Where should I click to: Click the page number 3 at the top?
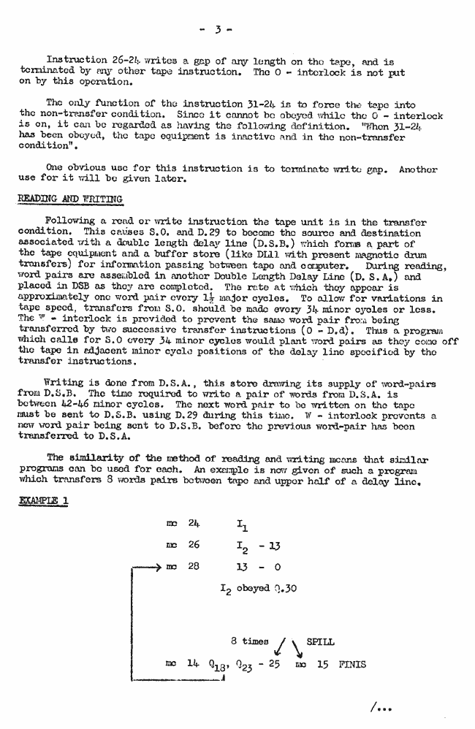tap(218, 31)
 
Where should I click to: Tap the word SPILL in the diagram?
tap(320, 641)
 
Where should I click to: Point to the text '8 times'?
tap(249, 641)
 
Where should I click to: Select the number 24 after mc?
tap(194, 524)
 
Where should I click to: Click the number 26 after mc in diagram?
tap(194, 545)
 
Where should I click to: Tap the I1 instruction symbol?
tap(242, 524)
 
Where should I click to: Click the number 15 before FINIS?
tap(322, 665)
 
